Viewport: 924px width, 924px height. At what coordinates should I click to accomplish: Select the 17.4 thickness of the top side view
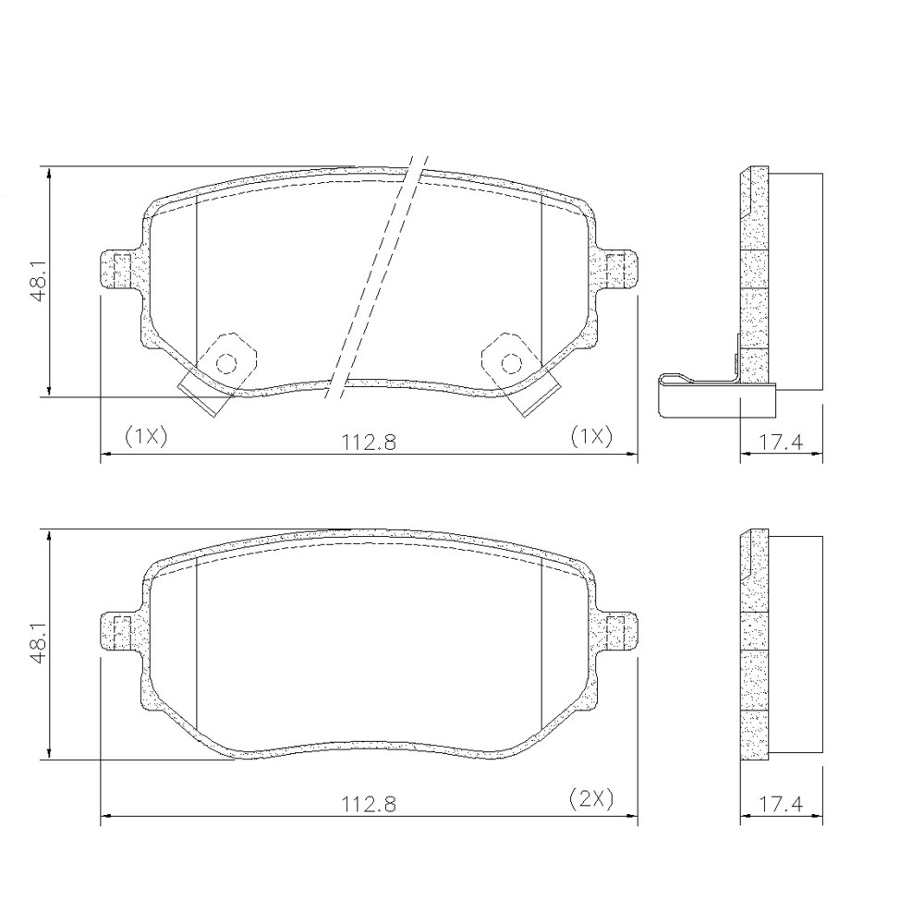point(780,442)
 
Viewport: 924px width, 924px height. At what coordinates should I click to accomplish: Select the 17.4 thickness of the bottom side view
point(780,804)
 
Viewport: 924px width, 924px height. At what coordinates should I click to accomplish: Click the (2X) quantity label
point(591,798)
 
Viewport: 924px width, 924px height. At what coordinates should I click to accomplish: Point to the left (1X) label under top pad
point(146,437)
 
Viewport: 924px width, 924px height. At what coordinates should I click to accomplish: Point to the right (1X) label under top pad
point(591,437)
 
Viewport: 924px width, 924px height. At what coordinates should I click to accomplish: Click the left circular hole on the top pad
point(226,363)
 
